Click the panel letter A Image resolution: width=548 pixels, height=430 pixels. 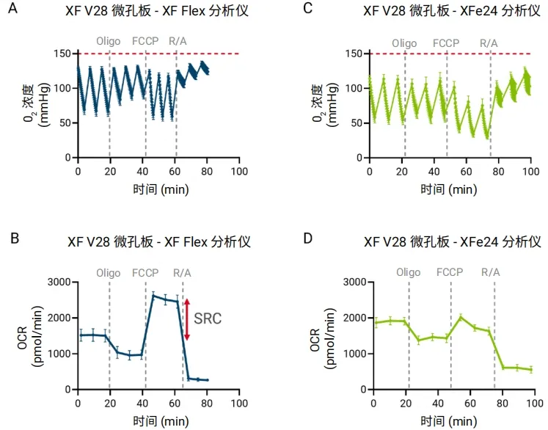[x=13, y=10]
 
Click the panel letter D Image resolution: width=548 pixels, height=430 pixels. [x=308, y=241]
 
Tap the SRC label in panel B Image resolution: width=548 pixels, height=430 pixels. [x=208, y=318]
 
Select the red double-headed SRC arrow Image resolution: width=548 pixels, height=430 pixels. [x=187, y=318]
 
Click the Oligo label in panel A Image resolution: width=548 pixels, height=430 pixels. [x=109, y=41]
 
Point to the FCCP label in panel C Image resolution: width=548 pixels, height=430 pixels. [x=446, y=43]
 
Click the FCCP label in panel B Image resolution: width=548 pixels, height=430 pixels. [x=145, y=272]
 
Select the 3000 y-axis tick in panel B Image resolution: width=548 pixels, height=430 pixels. [x=60, y=283]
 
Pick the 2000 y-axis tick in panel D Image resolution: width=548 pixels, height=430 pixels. [x=356, y=318]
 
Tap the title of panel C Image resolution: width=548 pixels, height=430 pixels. [x=450, y=10]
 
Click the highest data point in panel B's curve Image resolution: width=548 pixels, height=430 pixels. [x=153, y=295]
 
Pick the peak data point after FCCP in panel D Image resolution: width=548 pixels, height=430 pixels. [x=460, y=317]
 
